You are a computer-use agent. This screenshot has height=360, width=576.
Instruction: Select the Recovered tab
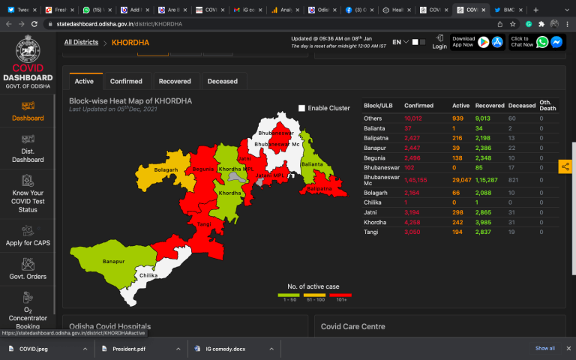175,81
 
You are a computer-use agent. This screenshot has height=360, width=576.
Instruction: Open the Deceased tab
222,81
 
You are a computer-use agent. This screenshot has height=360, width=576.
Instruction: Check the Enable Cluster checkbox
301,108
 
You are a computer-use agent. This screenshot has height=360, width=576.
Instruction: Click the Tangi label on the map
204,223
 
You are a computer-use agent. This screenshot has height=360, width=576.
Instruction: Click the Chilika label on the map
148,276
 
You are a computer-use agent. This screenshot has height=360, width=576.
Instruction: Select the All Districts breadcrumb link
81,43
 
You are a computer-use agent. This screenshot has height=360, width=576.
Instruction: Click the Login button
439,42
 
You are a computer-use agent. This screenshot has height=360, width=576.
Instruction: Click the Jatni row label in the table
371,214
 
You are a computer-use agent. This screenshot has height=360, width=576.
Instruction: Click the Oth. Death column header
549,106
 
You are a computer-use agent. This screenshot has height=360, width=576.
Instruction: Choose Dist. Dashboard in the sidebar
28,149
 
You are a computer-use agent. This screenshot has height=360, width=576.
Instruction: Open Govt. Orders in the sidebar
28,268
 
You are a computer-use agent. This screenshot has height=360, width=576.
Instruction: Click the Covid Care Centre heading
352,326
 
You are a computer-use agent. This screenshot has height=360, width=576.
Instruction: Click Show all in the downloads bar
545,349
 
